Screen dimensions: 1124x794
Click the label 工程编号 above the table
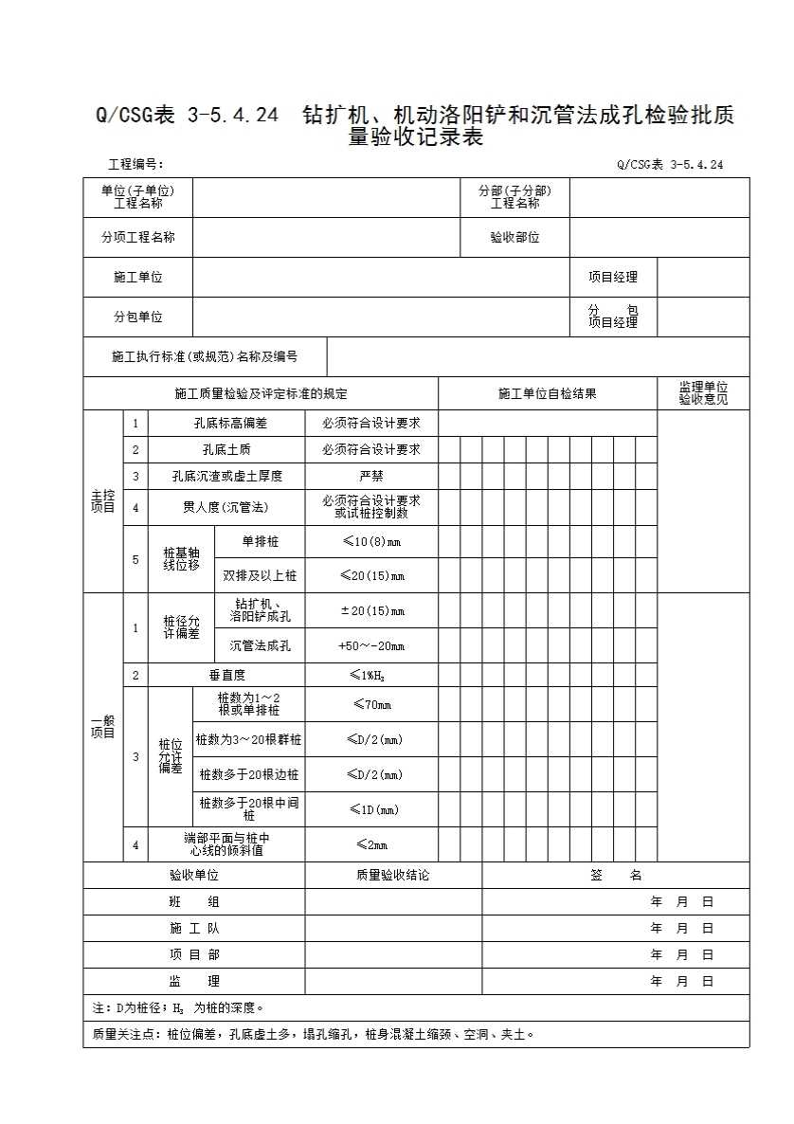pos(136,164)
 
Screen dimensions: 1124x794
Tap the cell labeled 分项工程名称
pos(137,237)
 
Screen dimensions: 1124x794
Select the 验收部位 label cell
pos(514,237)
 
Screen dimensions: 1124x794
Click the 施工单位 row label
pos(137,277)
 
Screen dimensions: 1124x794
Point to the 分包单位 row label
pos(137,317)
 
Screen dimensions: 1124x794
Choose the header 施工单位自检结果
pos(547,393)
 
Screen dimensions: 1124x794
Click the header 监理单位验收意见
pos(702,393)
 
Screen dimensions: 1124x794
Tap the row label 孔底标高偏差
pos(226,423)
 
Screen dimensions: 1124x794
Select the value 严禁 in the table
pos(370,476)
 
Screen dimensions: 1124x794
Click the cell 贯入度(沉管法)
pos(226,507)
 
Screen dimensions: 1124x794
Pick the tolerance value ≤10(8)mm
pos(370,541)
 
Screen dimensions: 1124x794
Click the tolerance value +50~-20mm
pos(370,645)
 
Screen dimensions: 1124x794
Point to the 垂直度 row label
pos(226,675)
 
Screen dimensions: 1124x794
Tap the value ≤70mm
pos(370,704)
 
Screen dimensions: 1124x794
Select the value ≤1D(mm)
pos(370,809)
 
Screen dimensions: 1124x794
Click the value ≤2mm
pos(370,844)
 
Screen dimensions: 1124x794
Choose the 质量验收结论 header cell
pos(392,875)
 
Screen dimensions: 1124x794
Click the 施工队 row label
pos(194,928)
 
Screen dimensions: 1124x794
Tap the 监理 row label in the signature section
pos(194,981)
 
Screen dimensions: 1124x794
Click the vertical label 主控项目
pos(102,501)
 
